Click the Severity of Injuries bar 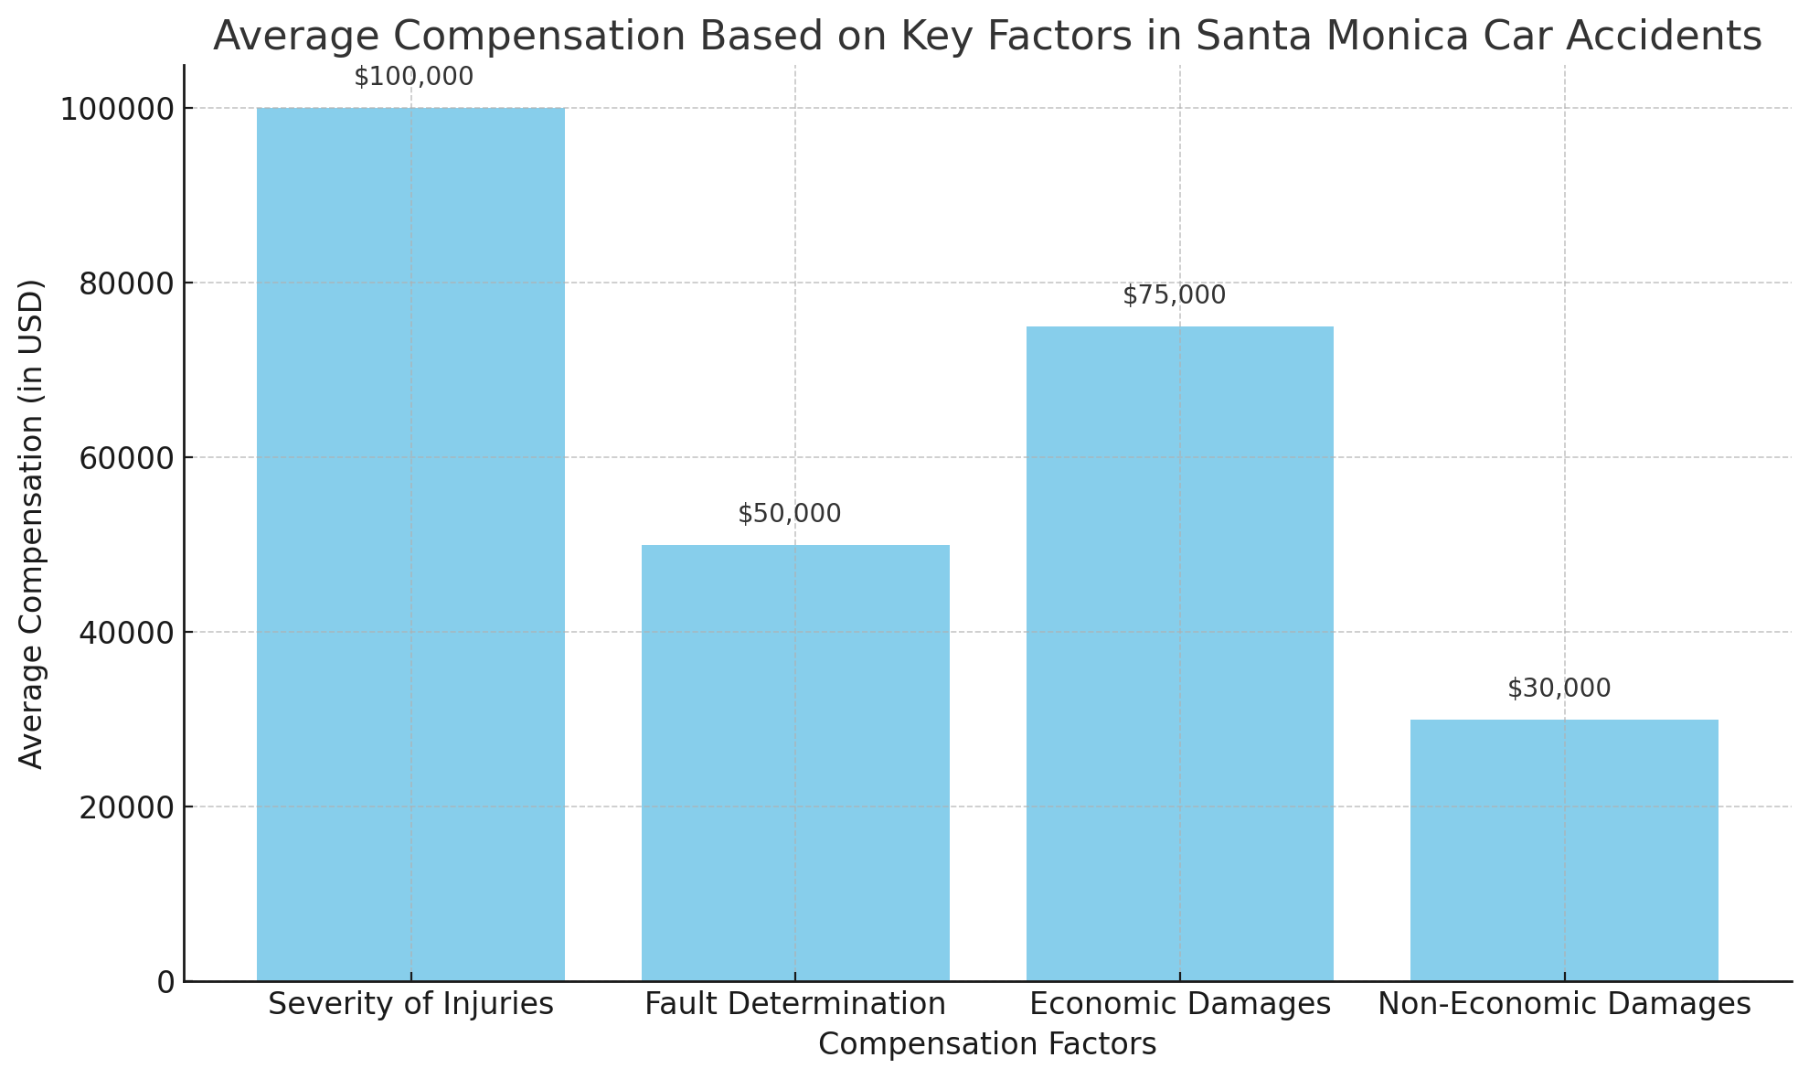(410, 544)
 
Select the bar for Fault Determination (795, 763)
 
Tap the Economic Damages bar (1179, 653)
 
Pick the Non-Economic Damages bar (1564, 849)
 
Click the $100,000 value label (414, 77)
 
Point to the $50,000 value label (789, 514)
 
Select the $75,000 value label (1174, 295)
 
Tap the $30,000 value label (1559, 689)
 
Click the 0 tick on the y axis (165, 982)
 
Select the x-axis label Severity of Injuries (410, 1004)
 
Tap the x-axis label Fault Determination (795, 1004)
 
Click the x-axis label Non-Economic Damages (1564, 1004)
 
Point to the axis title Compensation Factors (987, 1044)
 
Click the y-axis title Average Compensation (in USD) (32, 523)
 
